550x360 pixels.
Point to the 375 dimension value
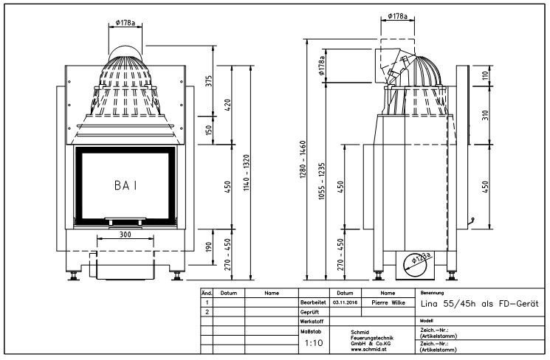[x=209, y=80]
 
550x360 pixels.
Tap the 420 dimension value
[x=228, y=103]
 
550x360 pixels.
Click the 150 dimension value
[x=209, y=130]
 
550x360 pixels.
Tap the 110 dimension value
[x=486, y=75]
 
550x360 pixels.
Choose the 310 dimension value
[x=486, y=115]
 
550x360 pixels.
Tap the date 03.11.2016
[x=346, y=302]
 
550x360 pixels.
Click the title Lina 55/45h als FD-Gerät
[x=478, y=302]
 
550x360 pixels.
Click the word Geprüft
[x=309, y=312]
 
